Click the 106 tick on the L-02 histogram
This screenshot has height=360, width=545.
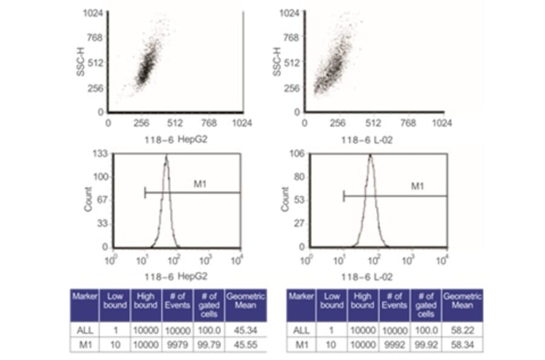[x=297, y=154]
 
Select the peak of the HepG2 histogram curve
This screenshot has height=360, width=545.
[x=166, y=156]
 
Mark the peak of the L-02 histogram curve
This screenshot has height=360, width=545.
[x=370, y=156]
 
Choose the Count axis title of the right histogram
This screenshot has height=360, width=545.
[x=285, y=199]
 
